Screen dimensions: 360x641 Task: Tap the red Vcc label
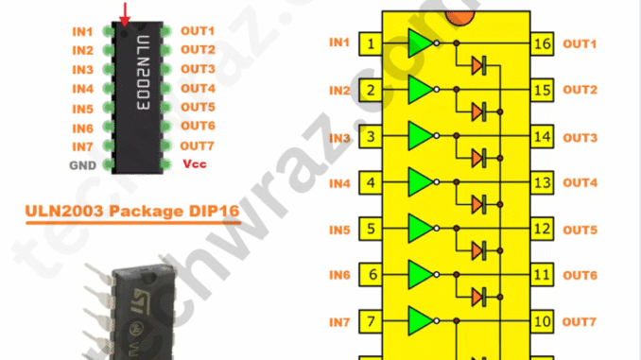[x=194, y=164]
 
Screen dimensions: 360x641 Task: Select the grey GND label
[x=81, y=164]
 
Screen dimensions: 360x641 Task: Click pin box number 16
[x=542, y=44]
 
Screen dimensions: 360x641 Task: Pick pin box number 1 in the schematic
[x=372, y=44]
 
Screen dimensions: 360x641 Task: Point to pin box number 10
[x=542, y=322]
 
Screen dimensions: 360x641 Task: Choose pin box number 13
[x=542, y=182]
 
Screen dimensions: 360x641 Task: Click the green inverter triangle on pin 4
[x=420, y=181]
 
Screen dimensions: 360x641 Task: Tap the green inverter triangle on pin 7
[x=420, y=321]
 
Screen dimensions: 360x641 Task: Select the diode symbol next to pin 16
[x=478, y=65]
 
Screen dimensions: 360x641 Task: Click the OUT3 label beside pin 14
[x=580, y=138]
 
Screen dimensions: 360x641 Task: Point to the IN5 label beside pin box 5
[x=339, y=230]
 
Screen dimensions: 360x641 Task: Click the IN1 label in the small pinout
[x=83, y=31]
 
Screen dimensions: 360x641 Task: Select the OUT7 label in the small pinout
[x=197, y=146]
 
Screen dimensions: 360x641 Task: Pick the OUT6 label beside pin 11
[x=580, y=276]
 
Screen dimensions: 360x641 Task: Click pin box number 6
[x=372, y=276]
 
